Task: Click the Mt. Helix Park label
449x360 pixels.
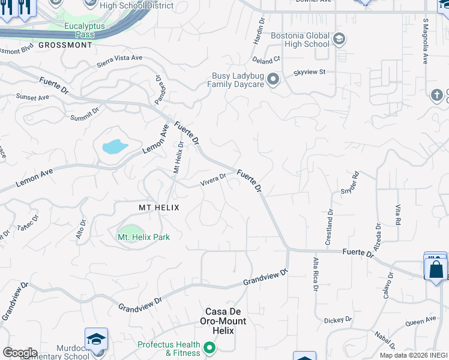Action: pyautogui.click(x=143, y=237)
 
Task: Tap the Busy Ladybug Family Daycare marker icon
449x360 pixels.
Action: pyautogui.click(x=274, y=80)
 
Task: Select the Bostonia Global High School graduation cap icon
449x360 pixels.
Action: pyautogui.click(x=339, y=40)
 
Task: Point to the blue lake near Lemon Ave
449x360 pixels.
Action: pyautogui.click(x=115, y=146)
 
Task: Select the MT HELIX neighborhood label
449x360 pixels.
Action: pyautogui.click(x=159, y=207)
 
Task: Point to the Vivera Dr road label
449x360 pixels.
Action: pyautogui.click(x=213, y=178)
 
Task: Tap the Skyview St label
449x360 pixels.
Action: pyautogui.click(x=309, y=72)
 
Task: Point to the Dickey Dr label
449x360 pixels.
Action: pyautogui.click(x=337, y=320)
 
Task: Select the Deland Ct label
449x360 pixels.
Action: pyautogui.click(x=267, y=60)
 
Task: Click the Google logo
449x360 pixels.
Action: pyautogui.click(x=19, y=353)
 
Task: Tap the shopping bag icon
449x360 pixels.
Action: pyautogui.click(x=436, y=268)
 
